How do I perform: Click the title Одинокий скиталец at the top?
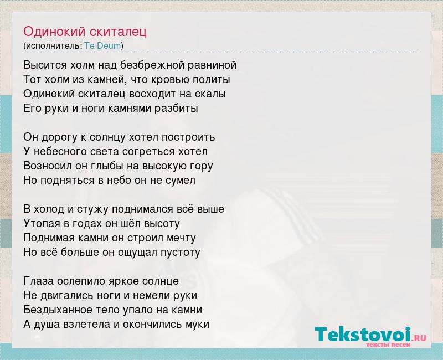pos(85,32)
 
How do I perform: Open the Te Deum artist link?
pos(103,46)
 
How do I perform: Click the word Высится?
pos(45,65)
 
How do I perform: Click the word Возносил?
pos(48,166)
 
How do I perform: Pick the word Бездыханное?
pos(58,310)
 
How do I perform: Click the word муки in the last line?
pos(197,325)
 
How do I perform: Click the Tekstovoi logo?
pos(370,336)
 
